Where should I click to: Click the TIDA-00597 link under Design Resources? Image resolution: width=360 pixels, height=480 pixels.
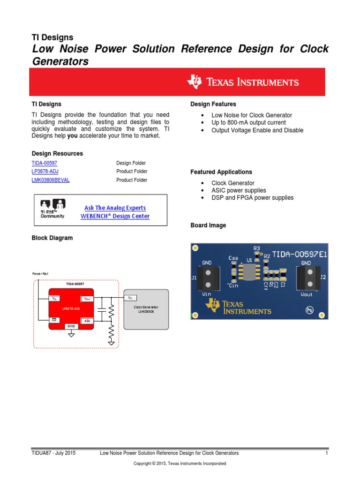[44, 163]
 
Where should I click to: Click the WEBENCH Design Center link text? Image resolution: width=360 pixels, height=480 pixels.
[115, 216]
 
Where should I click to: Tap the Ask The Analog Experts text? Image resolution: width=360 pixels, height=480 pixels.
[115, 208]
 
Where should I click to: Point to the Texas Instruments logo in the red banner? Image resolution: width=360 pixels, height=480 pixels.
[243, 82]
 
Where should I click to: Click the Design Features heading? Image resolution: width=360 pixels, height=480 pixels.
[213, 104]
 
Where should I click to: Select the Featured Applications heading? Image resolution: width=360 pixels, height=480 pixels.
[221, 172]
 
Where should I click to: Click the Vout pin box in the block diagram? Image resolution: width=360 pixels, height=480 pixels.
[87, 299]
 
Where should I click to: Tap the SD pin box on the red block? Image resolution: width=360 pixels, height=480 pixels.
[55, 320]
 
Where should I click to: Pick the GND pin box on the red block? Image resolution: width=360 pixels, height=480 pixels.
[71, 326]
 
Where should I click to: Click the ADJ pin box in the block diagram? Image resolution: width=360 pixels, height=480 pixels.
[87, 321]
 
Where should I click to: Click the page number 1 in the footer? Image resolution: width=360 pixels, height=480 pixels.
[326, 453]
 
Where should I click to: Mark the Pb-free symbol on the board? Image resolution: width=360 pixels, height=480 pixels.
[309, 310]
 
